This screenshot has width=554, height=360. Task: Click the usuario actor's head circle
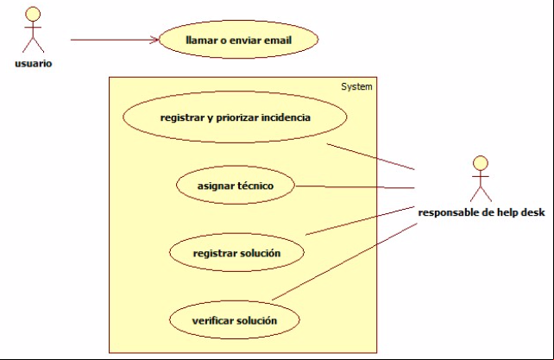pyautogui.click(x=33, y=14)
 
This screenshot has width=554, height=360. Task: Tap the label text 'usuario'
pyautogui.click(x=33, y=64)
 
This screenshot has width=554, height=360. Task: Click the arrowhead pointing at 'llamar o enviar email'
pyautogui.click(x=154, y=40)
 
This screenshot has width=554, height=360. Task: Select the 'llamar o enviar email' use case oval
pyautogui.click(x=238, y=39)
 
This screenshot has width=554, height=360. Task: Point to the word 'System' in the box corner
pyautogui.click(x=356, y=86)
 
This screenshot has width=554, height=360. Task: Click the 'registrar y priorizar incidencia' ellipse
pyautogui.click(x=235, y=117)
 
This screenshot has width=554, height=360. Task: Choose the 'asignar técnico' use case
pyautogui.click(x=236, y=185)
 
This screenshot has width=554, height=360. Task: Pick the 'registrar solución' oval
pyautogui.click(x=236, y=252)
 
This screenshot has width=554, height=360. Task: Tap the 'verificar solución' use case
pyautogui.click(x=235, y=320)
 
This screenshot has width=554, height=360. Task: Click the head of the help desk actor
pyautogui.click(x=481, y=163)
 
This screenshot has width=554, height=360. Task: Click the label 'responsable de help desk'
pyautogui.click(x=482, y=212)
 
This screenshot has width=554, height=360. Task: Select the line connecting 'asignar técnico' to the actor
pyautogui.click(x=355, y=187)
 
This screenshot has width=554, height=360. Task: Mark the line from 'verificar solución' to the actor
pyautogui.click(x=344, y=262)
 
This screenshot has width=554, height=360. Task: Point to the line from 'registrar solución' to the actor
pyautogui.click(x=360, y=221)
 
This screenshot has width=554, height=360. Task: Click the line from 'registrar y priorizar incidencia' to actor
pyautogui.click(x=370, y=156)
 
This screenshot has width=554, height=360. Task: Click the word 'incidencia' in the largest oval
pyautogui.click(x=286, y=117)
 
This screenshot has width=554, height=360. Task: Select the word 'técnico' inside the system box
pyautogui.click(x=255, y=186)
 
